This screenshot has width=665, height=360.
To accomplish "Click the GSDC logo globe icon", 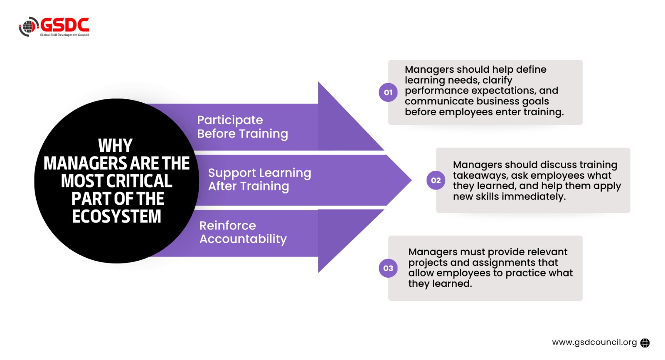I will pos(28,27).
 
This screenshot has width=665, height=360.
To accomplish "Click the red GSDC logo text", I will pos(65,25).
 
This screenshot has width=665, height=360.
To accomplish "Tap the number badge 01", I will pos(388,92).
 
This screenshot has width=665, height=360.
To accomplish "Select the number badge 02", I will pos(436,180).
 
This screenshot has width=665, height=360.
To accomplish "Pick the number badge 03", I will pos(388,268).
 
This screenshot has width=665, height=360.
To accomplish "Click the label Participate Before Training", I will pos(242,127).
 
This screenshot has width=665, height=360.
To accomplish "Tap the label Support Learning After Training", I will pos(259,180).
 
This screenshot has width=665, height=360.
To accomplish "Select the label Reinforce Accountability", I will pos(243,232).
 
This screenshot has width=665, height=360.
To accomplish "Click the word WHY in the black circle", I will pos(115,145).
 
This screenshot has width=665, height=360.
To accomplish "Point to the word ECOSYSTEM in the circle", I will pos(116,217).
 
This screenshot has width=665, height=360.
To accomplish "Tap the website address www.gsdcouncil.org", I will pos(594,342).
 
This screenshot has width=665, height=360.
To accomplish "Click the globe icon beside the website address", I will pos(645,343).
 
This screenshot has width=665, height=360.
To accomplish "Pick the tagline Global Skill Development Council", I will pos(64,35).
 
